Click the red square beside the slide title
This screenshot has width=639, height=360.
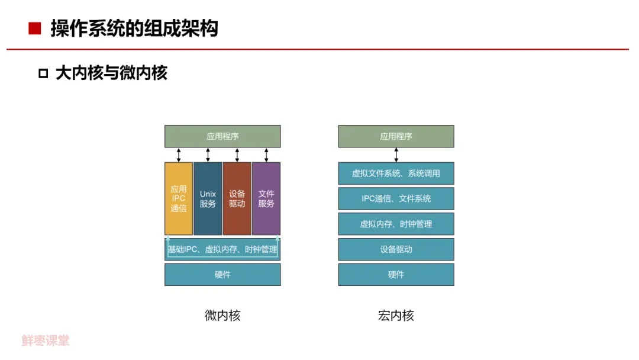35,28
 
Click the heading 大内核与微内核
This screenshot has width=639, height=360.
111,73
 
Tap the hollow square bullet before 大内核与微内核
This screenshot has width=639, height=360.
43,73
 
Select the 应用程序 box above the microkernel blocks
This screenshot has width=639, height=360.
222,136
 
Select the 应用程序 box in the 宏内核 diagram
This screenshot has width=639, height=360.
396,136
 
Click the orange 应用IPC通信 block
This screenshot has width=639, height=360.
179,198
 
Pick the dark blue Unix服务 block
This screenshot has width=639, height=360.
208,198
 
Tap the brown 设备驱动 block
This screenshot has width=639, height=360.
237,198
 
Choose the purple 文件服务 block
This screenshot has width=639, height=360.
266,198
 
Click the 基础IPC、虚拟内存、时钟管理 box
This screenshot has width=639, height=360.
222,249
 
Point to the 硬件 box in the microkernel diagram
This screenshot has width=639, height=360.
222,275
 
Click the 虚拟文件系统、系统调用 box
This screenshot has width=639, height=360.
396,173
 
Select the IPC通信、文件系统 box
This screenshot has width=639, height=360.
396,199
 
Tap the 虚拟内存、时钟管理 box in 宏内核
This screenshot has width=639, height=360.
396,224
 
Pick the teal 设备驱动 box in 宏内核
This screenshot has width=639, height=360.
396,249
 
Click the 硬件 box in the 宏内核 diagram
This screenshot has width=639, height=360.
396,275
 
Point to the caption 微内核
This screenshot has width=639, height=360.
222,316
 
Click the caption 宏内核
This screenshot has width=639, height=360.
396,316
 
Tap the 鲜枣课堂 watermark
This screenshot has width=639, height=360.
46,340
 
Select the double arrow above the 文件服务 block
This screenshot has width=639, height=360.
266,155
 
